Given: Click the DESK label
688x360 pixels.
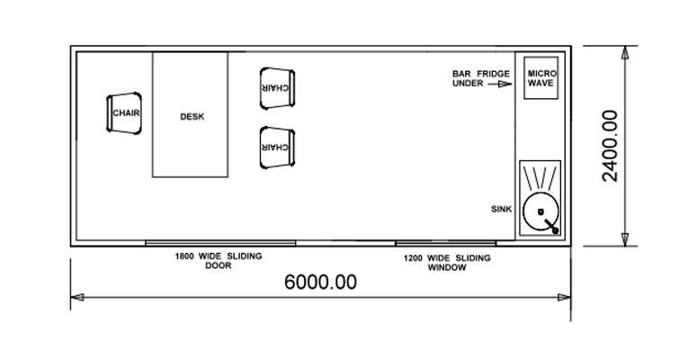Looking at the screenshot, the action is click(x=192, y=117).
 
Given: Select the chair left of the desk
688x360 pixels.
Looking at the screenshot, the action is click(x=124, y=112).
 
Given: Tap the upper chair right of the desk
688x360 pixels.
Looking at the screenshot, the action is click(x=277, y=88).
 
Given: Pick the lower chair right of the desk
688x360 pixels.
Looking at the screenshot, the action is click(x=277, y=148).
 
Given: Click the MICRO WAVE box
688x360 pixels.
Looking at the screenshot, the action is click(x=541, y=77).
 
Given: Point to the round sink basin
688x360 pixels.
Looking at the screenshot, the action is click(x=541, y=211).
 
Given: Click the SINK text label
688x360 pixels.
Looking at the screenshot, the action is click(x=502, y=210).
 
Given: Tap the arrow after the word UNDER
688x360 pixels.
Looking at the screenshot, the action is click(x=500, y=84).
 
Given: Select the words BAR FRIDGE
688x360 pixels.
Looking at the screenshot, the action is click(x=481, y=74).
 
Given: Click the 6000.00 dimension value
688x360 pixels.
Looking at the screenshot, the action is click(x=320, y=282).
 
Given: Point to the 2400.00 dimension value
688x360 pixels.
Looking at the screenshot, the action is click(x=610, y=146).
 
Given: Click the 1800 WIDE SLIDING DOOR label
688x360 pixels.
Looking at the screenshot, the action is click(x=219, y=261).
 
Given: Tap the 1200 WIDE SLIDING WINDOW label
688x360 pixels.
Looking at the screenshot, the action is click(x=447, y=263).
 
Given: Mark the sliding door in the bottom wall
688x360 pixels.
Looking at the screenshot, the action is click(x=220, y=243).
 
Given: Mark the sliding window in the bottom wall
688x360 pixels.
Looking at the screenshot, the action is click(x=446, y=243).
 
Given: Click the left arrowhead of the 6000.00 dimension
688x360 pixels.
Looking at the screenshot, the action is click(x=77, y=298).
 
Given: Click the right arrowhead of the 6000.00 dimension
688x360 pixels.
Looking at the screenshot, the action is click(x=564, y=298).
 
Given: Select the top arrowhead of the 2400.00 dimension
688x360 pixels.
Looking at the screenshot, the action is click(x=625, y=52).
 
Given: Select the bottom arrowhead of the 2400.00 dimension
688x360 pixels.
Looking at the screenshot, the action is click(x=625, y=239).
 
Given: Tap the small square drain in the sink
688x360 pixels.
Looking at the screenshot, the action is click(x=541, y=212).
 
